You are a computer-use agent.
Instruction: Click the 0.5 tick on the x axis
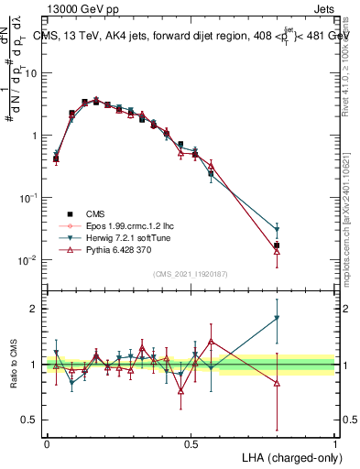191,443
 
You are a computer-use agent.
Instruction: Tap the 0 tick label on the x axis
47,443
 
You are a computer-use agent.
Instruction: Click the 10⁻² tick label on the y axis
26,260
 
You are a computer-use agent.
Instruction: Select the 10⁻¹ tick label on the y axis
26,198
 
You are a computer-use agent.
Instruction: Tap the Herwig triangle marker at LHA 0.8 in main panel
277,230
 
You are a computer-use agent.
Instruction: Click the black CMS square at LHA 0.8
277,245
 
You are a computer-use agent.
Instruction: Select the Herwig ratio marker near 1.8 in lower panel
277,319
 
